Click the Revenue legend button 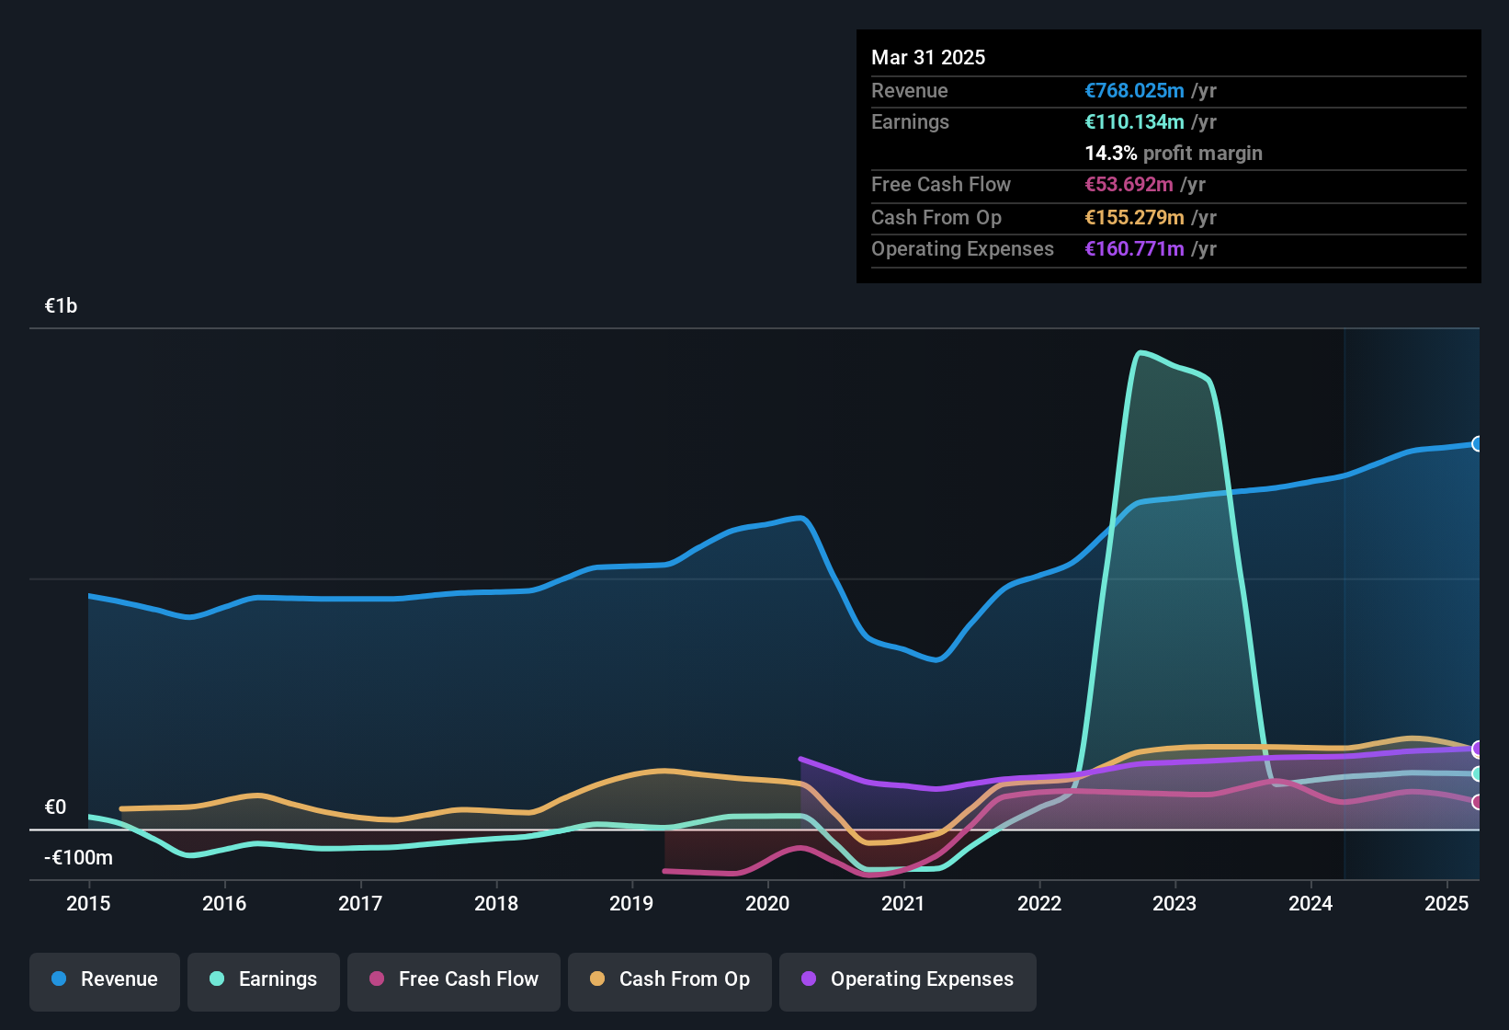[x=105, y=979]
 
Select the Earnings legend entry [x=264, y=979]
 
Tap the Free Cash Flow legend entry [x=454, y=979]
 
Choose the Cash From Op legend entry [x=670, y=979]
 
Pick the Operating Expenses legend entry [x=908, y=979]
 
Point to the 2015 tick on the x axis [x=88, y=903]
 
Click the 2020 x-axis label [x=767, y=903]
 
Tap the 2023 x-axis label [x=1174, y=903]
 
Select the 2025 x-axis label [x=1447, y=903]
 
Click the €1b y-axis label [x=61, y=306]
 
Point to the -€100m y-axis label [x=78, y=858]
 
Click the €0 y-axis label [x=55, y=807]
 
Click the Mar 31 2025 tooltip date [x=928, y=58]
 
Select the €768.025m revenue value [x=1134, y=91]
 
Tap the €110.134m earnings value [x=1134, y=122]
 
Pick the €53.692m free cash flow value [x=1129, y=185]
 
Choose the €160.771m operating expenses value [x=1134, y=249]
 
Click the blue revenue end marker [x=1477, y=444]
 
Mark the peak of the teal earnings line [x=1140, y=352]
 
